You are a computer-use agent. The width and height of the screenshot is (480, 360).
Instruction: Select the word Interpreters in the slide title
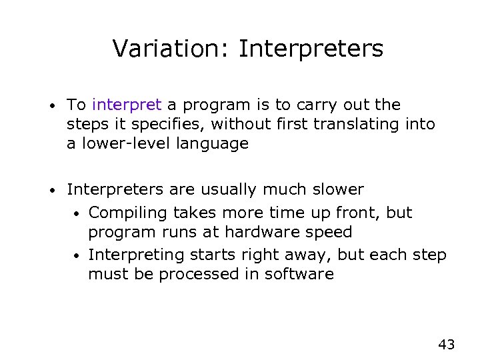point(311,49)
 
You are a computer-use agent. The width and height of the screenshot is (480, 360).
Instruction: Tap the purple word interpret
point(127,105)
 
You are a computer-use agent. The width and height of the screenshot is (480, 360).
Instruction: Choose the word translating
point(360,124)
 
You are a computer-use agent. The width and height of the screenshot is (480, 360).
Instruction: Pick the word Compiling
point(129,213)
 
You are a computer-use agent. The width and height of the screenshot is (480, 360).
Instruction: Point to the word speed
point(329,233)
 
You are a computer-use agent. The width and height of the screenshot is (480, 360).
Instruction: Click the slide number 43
point(446,344)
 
